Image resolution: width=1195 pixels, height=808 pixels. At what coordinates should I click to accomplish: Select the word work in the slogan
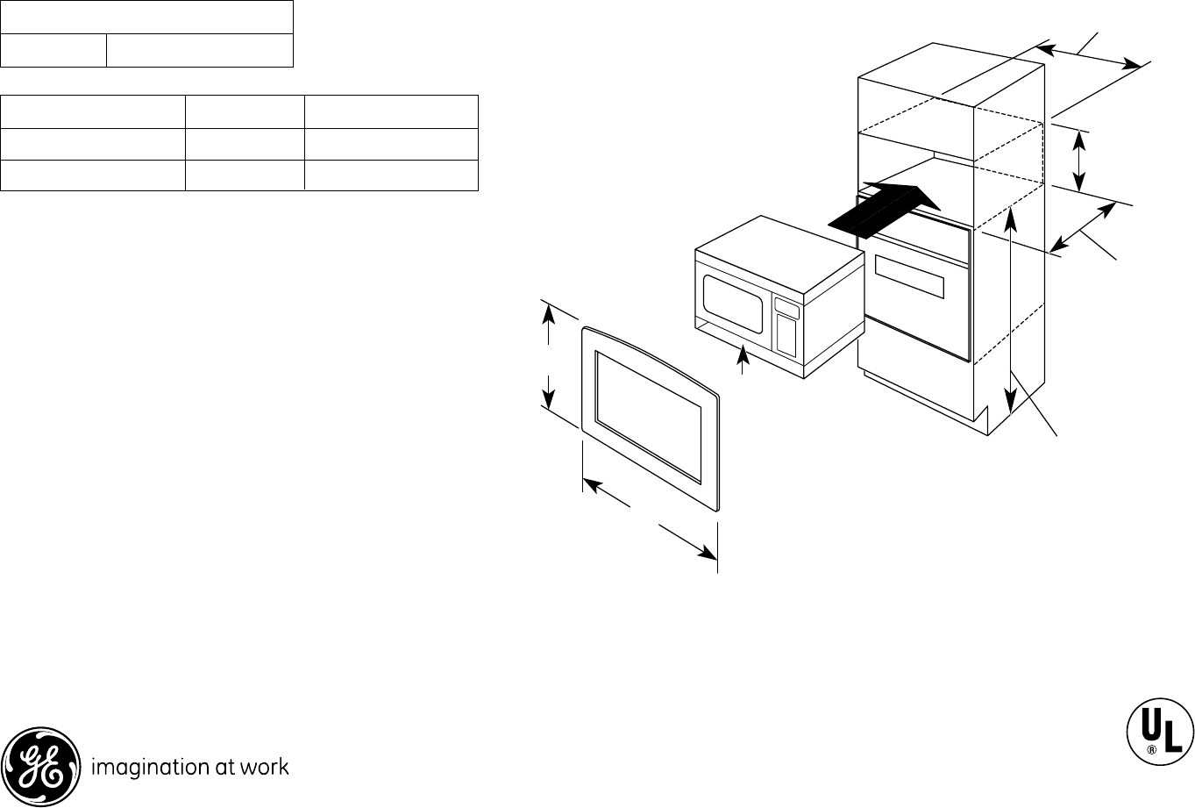[265, 767]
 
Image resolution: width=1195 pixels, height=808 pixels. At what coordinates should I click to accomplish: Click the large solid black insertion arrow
[886, 209]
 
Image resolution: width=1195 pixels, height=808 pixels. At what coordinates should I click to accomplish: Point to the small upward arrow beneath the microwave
[744, 357]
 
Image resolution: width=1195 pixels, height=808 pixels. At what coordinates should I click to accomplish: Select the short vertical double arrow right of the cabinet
[1080, 161]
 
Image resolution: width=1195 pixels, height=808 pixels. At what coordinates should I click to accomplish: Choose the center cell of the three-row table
[245, 144]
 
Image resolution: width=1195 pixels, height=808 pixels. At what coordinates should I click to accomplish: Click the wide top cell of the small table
[146, 18]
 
